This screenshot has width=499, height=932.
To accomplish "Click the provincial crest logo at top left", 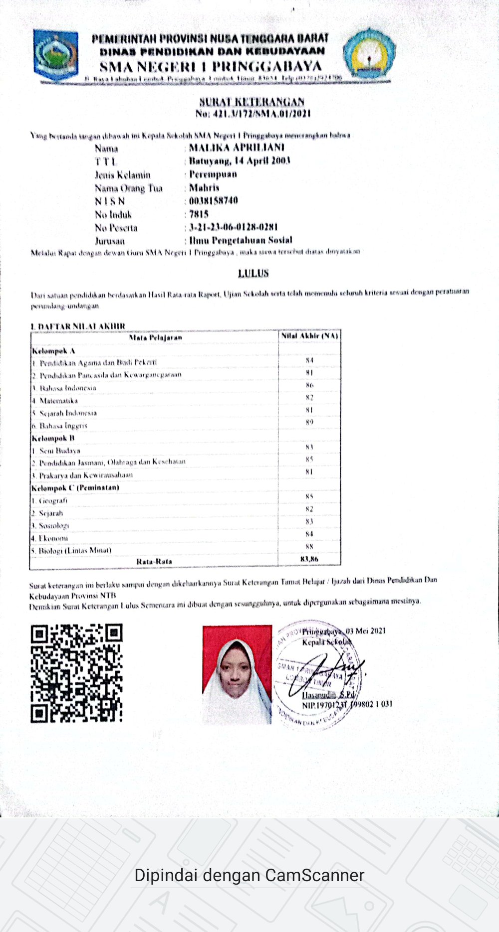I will click(55, 55).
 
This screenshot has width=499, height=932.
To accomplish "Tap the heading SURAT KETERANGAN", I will click(252, 102).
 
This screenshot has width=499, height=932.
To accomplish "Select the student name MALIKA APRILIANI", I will click(237, 148).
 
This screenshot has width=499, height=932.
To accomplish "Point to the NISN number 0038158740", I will click(214, 201).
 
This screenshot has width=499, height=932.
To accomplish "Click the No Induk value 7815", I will click(199, 214).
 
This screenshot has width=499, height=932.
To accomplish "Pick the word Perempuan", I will click(213, 174).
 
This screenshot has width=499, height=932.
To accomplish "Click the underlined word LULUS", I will click(253, 273).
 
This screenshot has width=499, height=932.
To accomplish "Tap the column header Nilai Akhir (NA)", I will click(309, 336).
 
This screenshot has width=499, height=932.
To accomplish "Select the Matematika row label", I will click(58, 400).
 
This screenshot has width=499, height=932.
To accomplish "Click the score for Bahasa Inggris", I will click(309, 422).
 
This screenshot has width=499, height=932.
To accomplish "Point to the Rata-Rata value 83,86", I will click(309, 559).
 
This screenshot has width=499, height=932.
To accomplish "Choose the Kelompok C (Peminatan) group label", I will click(75, 487).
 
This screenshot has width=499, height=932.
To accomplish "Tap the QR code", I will click(76, 673).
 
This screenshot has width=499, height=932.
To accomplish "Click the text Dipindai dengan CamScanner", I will click(249, 875).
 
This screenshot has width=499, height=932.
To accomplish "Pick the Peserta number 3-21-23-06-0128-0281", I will click(233, 227).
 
